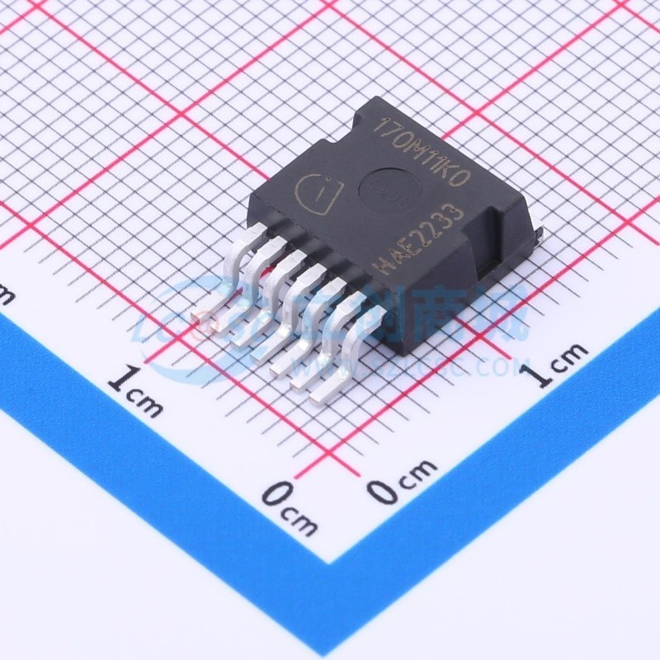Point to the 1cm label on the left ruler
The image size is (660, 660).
point(135,392)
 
